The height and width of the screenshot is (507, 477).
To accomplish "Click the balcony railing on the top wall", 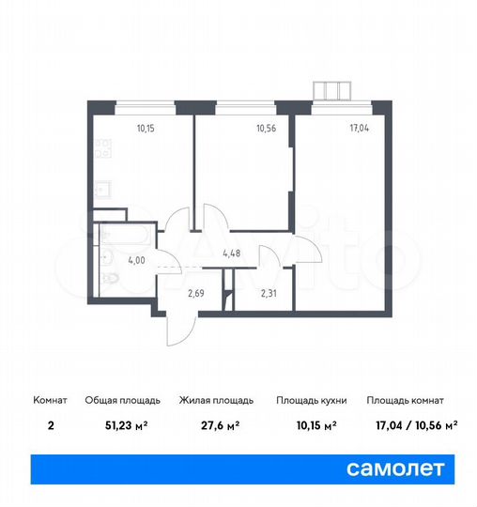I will click(x=333, y=90).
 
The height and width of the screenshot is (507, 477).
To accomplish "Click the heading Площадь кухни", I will click(x=312, y=400).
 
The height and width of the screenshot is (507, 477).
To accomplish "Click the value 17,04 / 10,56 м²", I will click(x=411, y=424).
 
